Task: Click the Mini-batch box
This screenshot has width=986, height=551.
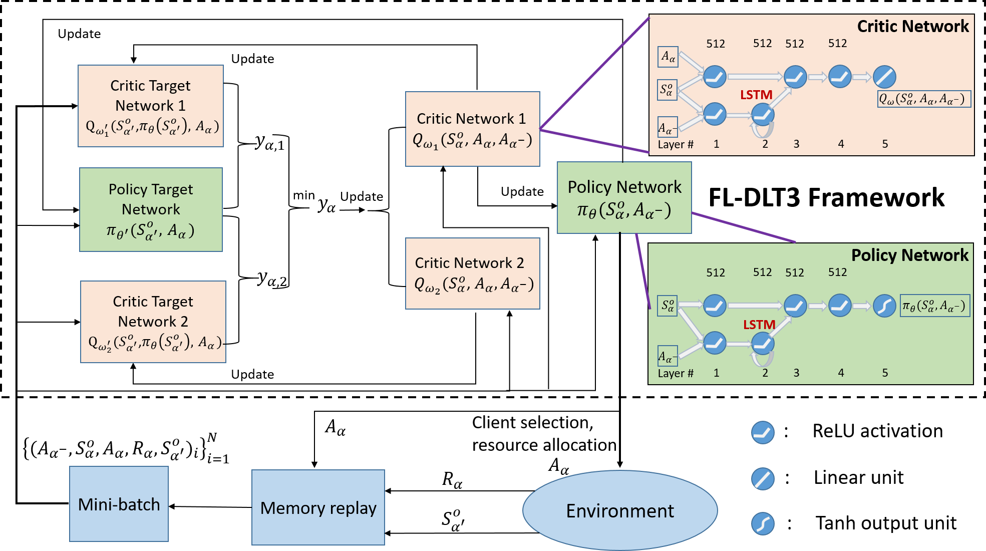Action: coord(119,504)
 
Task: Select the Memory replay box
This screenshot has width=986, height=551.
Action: coord(318,507)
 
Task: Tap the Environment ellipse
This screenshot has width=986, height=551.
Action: coord(620,510)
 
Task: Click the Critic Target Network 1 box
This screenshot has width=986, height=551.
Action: coord(151,106)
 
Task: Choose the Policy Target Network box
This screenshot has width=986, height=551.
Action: coord(151,209)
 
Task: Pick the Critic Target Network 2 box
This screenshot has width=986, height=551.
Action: coord(153,322)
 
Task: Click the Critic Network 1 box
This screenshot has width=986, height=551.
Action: coord(472,129)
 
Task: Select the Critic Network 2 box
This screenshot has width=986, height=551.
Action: coord(472,273)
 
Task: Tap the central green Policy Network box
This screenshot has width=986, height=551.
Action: coord(624,197)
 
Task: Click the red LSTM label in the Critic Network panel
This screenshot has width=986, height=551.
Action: coord(756,95)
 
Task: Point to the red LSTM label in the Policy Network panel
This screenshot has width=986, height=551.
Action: coord(759,325)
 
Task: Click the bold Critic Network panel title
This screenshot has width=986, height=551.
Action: coord(912,26)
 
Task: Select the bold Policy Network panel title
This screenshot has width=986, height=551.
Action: coord(909,255)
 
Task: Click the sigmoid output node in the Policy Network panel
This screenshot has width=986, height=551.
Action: coord(884,306)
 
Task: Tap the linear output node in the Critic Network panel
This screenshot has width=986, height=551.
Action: coord(884,77)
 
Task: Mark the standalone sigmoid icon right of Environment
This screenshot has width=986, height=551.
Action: coord(763,524)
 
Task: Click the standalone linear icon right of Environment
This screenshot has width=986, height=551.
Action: coord(763,479)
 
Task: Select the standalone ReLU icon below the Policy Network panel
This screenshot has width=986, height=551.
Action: coord(763,433)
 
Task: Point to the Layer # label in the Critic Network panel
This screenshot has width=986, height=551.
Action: coord(675,144)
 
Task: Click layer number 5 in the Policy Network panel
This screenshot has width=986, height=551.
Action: coord(885,373)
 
